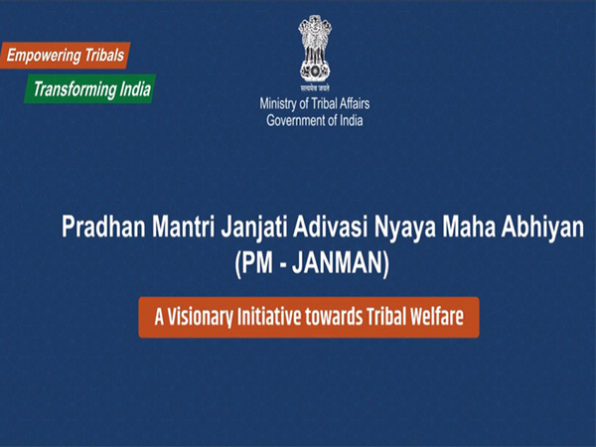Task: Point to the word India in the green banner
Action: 133,87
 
